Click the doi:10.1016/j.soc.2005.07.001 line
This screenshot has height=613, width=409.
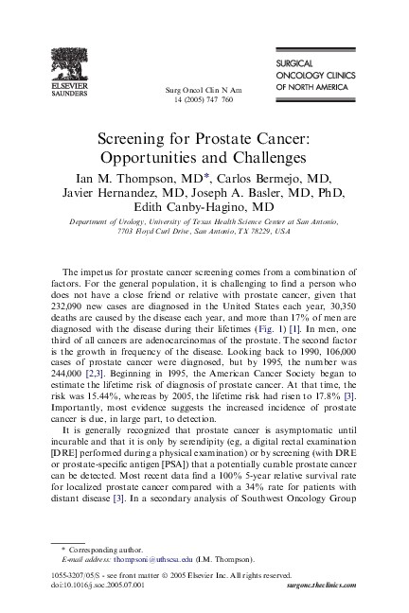tap(98, 586)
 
